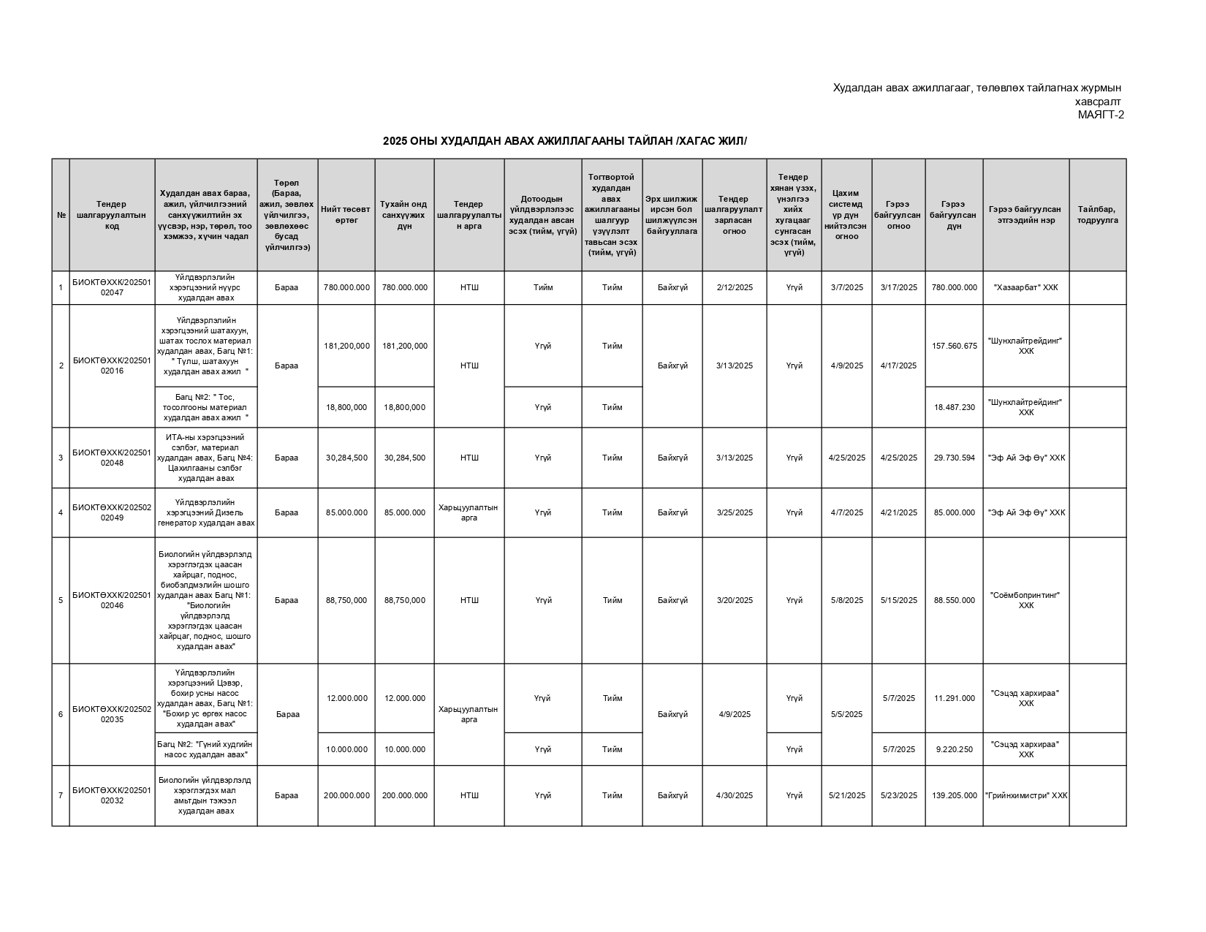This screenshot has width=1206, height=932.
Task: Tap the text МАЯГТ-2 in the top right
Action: [1101, 114]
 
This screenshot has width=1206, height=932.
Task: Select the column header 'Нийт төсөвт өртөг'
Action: [346, 215]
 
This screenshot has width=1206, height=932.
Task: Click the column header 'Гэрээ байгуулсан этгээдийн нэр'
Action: [1025, 215]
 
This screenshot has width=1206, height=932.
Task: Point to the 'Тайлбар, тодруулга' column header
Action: [1097, 215]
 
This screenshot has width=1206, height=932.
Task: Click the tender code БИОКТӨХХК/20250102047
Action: [112, 287]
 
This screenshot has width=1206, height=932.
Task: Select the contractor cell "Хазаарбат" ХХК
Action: [1025, 287]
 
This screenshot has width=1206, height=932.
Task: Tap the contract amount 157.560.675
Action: [954, 346]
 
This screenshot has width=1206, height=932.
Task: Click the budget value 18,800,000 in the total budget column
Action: [346, 407]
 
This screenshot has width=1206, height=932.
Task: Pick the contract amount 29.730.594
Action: [954, 458]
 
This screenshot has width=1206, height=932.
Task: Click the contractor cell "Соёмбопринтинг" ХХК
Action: [1025, 600]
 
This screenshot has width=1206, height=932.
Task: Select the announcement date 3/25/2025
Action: [735, 512]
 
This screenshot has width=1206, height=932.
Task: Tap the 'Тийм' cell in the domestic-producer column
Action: [543, 287]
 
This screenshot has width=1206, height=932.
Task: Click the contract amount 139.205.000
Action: [954, 795]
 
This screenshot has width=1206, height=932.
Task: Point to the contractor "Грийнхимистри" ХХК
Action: [1025, 795]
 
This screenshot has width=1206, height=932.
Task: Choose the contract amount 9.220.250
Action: [954, 749]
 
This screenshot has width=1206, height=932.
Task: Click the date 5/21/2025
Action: [846, 795]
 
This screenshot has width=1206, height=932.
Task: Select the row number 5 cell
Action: [61, 600]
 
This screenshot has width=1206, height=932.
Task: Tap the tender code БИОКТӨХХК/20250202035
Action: [112, 714]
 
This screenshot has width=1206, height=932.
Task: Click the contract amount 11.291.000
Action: [954, 698]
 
